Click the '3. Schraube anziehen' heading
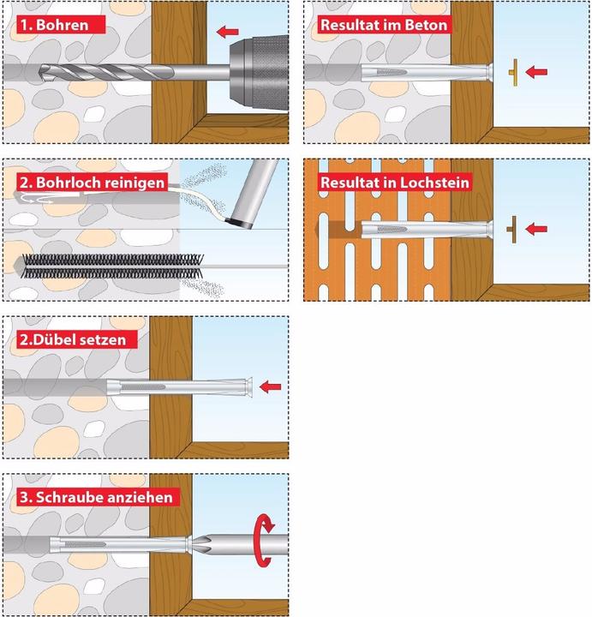[x=96, y=496]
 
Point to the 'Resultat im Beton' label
[x=383, y=24]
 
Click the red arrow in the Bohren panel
[x=227, y=33]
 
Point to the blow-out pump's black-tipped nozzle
[x=239, y=221]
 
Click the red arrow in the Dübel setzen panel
[x=270, y=387]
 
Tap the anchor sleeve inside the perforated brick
[x=420, y=230]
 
